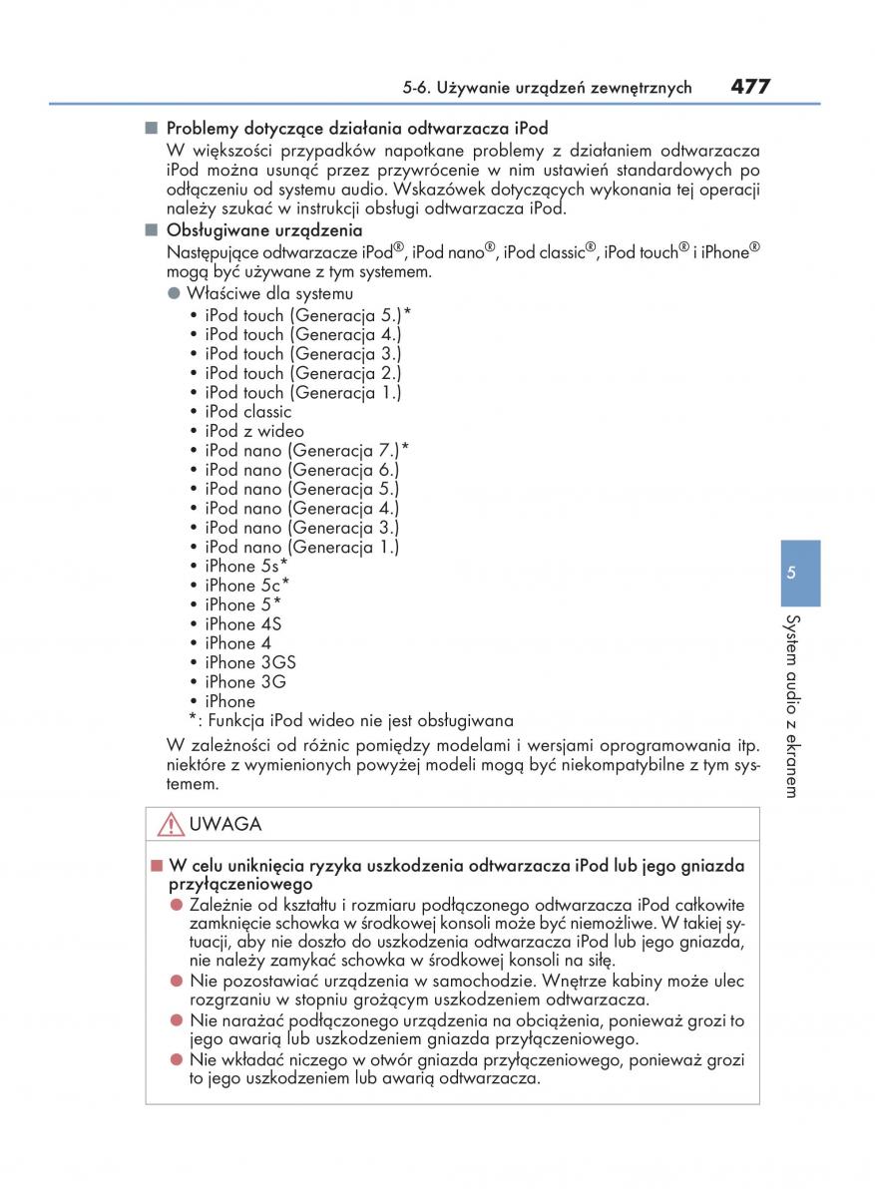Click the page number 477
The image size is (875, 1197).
pos(749,87)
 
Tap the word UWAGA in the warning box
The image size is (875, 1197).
pos(225,825)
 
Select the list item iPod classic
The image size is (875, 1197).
pos(247,412)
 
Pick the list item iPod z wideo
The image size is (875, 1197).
pos(253,431)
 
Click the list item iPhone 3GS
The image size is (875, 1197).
pos(249,662)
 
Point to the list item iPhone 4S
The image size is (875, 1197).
pos(242,624)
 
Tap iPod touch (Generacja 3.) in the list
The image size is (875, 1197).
pos(302,354)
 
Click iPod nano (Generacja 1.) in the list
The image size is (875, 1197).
pos(301,547)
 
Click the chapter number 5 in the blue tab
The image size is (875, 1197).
pos(790,574)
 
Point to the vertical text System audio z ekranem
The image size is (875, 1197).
pos(790,705)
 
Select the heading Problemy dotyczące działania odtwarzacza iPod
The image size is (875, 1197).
pos(356,129)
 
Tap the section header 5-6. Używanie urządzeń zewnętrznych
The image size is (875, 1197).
pos(547,88)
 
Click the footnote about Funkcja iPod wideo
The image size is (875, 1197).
pos(351,720)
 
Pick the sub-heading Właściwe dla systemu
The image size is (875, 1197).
pos(268,294)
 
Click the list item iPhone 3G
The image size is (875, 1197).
pos(244,682)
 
